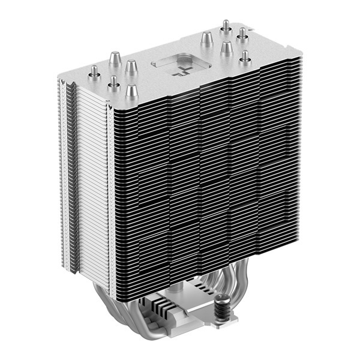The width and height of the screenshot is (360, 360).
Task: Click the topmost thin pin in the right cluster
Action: tap(226, 26)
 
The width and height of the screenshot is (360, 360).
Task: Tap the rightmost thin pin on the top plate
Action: tap(245, 57)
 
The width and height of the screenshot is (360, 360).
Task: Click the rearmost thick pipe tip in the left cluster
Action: tap(115, 58)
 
